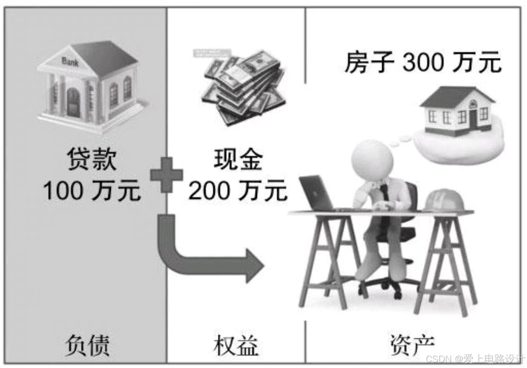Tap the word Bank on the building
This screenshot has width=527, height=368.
pyautogui.click(x=70, y=61)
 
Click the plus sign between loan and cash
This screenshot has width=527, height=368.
pyautogui.click(x=166, y=175)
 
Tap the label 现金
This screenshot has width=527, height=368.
pyautogui.click(x=238, y=160)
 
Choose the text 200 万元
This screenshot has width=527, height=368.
pyautogui.click(x=238, y=191)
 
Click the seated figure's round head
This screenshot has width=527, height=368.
pyautogui.click(x=372, y=160)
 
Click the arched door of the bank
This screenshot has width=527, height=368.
pyautogui.click(x=73, y=102)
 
